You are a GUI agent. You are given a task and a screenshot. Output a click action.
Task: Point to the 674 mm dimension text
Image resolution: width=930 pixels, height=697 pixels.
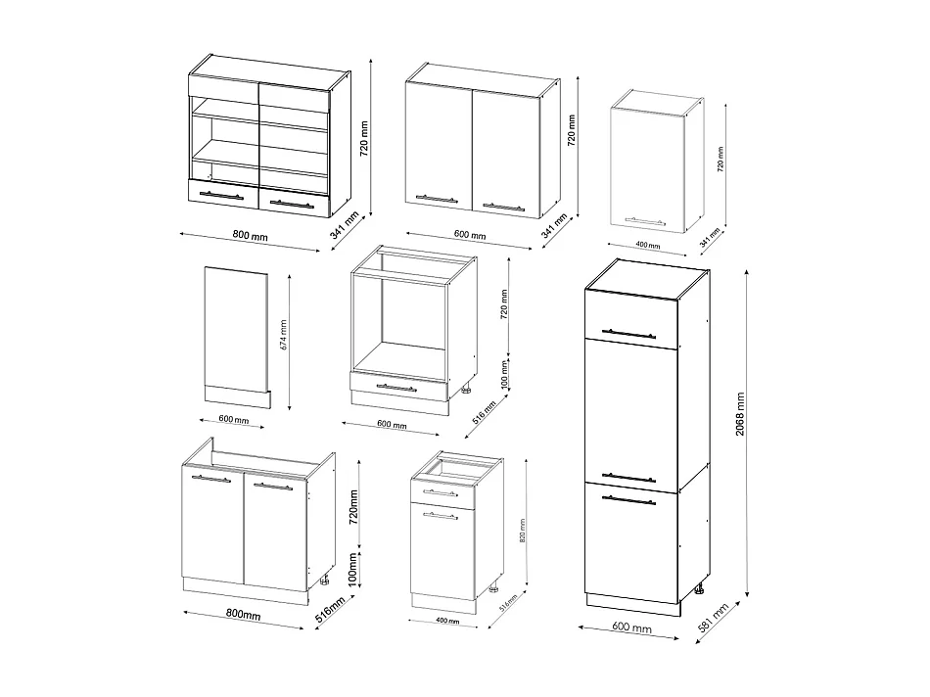pyautogui.click(x=284, y=335)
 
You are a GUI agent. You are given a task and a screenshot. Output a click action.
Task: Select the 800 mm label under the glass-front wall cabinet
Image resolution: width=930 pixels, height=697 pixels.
pyautogui.click(x=250, y=236)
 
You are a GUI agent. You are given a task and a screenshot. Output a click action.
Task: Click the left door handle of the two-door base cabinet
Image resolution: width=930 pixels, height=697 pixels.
pyautogui.click(x=211, y=479)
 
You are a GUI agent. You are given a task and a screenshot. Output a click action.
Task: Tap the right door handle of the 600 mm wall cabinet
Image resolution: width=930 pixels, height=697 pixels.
pyautogui.click(x=504, y=207)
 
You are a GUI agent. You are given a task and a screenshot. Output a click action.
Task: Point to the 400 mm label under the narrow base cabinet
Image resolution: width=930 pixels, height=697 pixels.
pyautogui.click(x=448, y=620)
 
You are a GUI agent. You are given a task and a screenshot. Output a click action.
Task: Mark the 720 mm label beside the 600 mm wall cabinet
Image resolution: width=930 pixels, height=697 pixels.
pyautogui.click(x=571, y=129)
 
